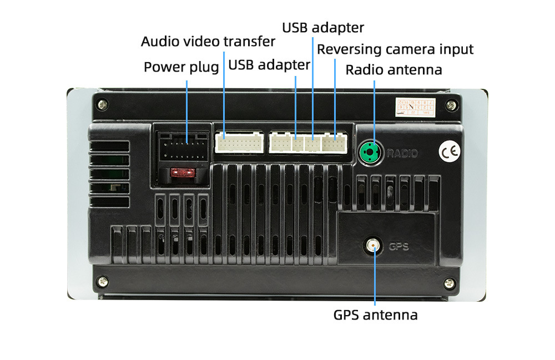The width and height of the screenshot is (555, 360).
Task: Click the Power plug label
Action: [181, 68]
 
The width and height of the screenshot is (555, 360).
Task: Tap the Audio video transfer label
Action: [208, 42]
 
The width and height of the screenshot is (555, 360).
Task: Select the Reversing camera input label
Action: [395, 49]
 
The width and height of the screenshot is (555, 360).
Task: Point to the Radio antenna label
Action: [393, 70]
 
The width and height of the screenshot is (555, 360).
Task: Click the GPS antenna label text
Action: [375, 315]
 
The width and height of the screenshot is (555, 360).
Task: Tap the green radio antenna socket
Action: [369, 151]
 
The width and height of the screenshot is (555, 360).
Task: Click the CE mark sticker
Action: [449, 152]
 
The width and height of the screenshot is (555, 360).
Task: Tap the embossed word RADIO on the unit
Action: [402, 154]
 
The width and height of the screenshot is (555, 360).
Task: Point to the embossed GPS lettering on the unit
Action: [398, 246]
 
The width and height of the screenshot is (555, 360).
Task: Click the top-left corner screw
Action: [101, 104]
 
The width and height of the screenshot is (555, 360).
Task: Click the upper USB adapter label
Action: [323, 27]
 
